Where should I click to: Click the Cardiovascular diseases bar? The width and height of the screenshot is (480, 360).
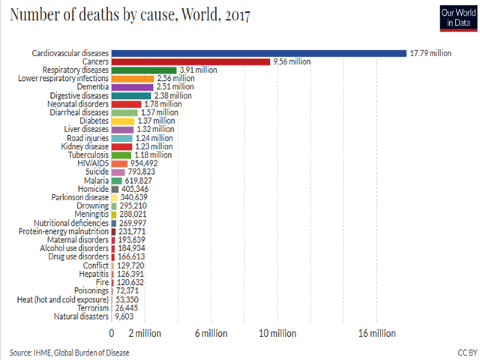[259, 53]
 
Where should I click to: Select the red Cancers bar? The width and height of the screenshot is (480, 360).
[190, 61]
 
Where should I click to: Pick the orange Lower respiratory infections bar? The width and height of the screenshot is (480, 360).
[133, 78]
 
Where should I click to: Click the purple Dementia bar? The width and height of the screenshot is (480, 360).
[133, 87]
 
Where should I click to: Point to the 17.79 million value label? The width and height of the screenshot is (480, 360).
[430, 53]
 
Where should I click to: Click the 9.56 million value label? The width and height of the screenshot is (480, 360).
[293, 61]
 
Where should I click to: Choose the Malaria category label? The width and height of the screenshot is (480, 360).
[96, 180]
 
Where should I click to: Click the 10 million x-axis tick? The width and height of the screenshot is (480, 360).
[277, 333]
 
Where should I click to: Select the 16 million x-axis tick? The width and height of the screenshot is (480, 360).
[377, 333]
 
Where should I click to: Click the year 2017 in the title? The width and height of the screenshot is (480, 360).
[235, 15]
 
